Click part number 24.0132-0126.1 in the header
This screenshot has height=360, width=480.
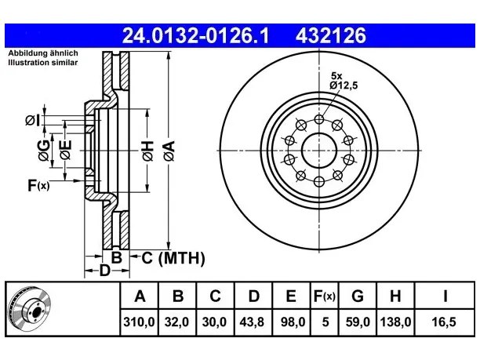click(x=195, y=35)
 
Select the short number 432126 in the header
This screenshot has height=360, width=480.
click(x=331, y=35)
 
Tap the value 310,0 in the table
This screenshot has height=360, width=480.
click(x=140, y=322)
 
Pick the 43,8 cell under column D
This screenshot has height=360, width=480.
click(x=253, y=322)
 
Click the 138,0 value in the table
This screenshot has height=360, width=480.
click(x=395, y=322)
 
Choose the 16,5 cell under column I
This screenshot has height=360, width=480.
click(x=444, y=322)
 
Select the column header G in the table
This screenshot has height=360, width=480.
click(x=358, y=296)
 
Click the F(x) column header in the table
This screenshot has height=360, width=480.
click(x=325, y=296)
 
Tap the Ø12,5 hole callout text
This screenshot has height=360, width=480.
click(x=344, y=85)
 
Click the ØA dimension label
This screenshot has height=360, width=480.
click(x=169, y=151)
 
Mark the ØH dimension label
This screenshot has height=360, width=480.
click(x=147, y=151)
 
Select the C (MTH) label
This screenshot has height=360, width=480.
click(x=173, y=258)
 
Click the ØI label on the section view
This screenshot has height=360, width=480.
click(x=32, y=120)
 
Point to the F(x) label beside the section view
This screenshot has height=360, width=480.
click(x=38, y=185)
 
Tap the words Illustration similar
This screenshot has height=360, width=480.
click(x=43, y=63)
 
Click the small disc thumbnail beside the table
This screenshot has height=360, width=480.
click(x=30, y=309)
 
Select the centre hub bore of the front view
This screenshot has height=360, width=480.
click(x=319, y=151)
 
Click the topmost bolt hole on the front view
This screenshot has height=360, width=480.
click(x=319, y=119)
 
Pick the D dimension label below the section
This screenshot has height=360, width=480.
click(x=104, y=271)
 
